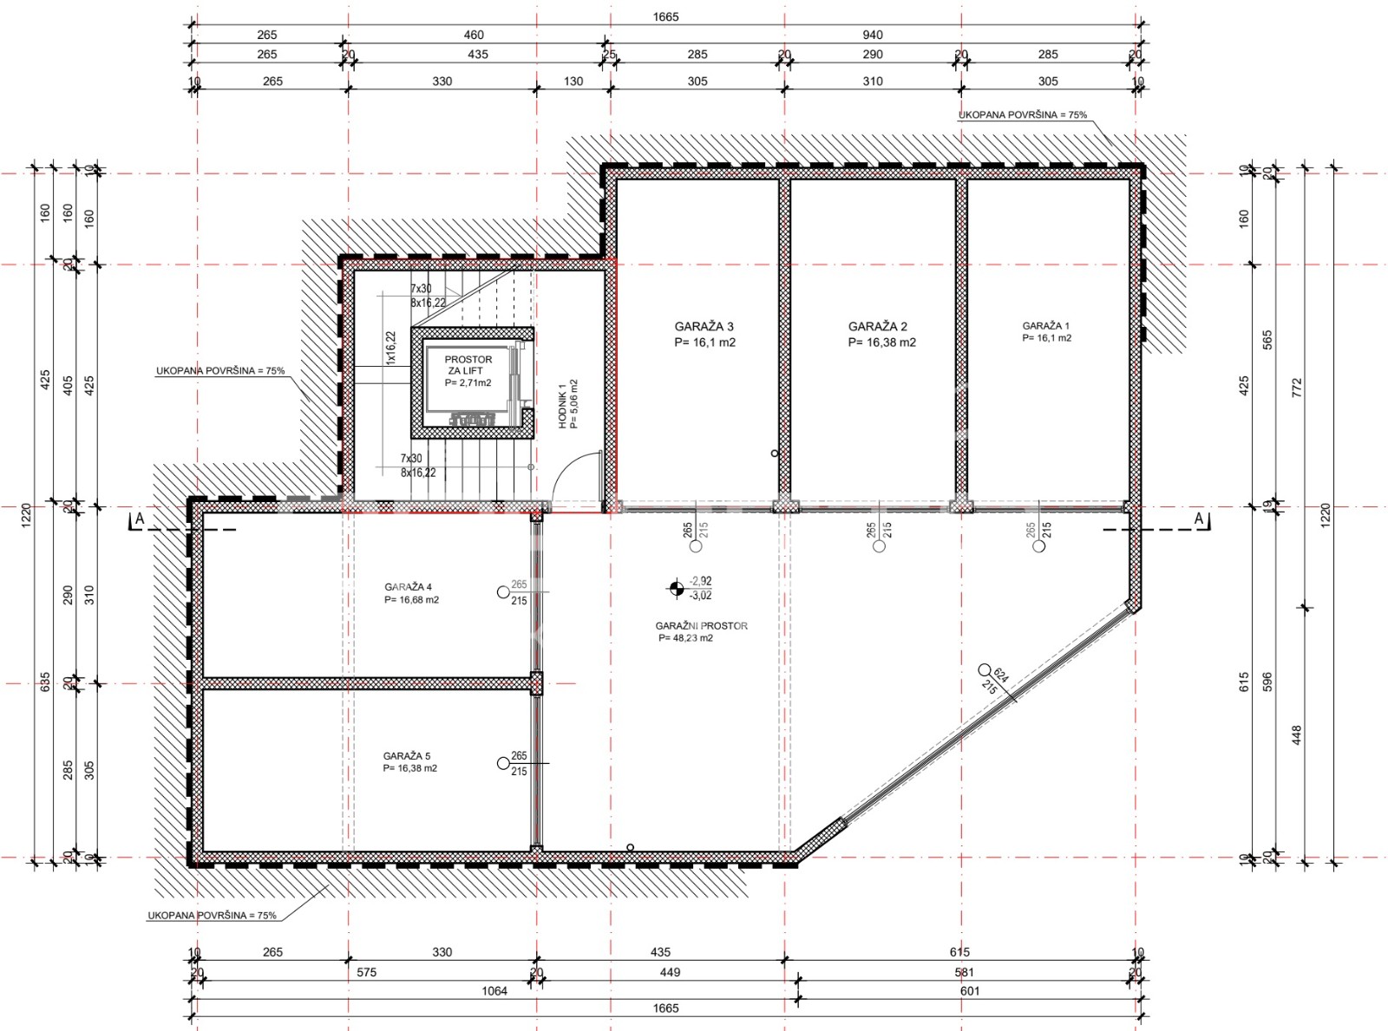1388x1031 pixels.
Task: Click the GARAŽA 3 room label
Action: [x=704, y=327]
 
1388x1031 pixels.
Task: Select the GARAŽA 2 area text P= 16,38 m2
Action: [x=881, y=343]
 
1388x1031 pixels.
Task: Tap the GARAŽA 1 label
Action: [x=1045, y=326]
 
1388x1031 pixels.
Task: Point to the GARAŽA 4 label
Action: [x=408, y=587]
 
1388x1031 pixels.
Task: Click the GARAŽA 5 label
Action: [x=407, y=756]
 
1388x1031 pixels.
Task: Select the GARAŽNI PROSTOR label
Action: [x=701, y=626]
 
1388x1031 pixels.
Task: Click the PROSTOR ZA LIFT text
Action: [x=468, y=365]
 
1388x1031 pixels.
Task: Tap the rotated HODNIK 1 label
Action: [x=562, y=405]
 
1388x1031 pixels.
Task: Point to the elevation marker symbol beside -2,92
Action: [x=677, y=589]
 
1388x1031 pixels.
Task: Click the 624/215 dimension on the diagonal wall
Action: [x=995, y=680]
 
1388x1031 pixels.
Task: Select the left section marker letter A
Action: [x=140, y=519]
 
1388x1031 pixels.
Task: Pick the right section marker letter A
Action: [x=1200, y=519]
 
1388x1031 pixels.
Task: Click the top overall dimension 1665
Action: [x=665, y=16]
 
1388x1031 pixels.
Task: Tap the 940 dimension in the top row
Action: [x=872, y=35]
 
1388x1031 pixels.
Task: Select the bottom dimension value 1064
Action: [x=494, y=991]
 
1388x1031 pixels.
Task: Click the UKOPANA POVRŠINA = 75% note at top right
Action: [x=1022, y=114]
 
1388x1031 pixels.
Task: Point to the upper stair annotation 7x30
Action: [x=421, y=289]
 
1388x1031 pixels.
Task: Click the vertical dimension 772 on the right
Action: [x=1297, y=387]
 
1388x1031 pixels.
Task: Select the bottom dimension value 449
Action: [x=670, y=972]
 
